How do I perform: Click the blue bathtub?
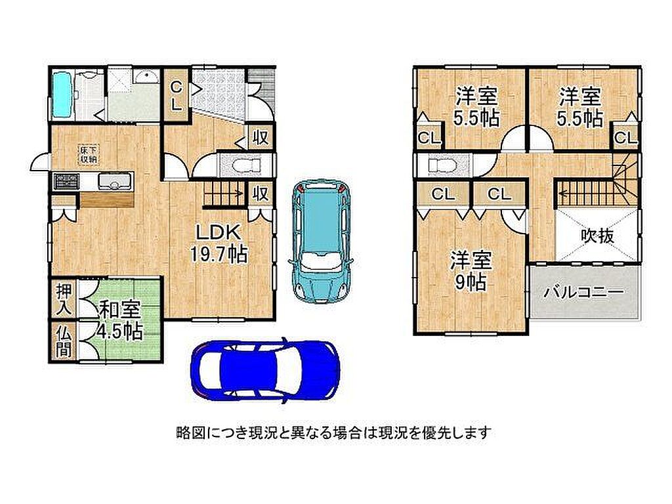point(62,95)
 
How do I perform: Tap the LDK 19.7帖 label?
point(218,243)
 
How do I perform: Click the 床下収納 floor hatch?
point(89,154)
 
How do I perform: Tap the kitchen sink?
point(114,181)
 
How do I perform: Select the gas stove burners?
point(66,181)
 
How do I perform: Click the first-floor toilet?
point(245,165)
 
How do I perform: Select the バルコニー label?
point(584,292)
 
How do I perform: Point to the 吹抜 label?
point(597,236)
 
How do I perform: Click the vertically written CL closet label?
point(177,96)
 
